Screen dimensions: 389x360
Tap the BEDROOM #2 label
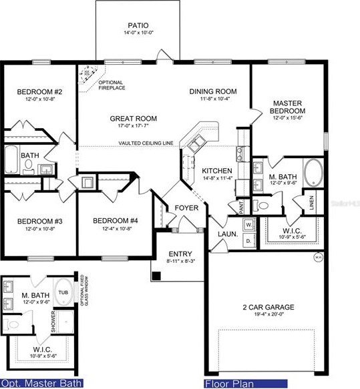tap(39, 92)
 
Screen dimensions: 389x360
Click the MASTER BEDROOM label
tap(288, 107)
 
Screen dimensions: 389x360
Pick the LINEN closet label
tap(312, 201)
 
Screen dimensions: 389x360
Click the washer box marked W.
tap(248, 225)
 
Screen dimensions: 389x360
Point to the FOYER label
tap(186, 208)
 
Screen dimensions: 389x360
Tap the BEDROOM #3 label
tap(39, 221)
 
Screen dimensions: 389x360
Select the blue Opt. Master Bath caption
tap(41, 384)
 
